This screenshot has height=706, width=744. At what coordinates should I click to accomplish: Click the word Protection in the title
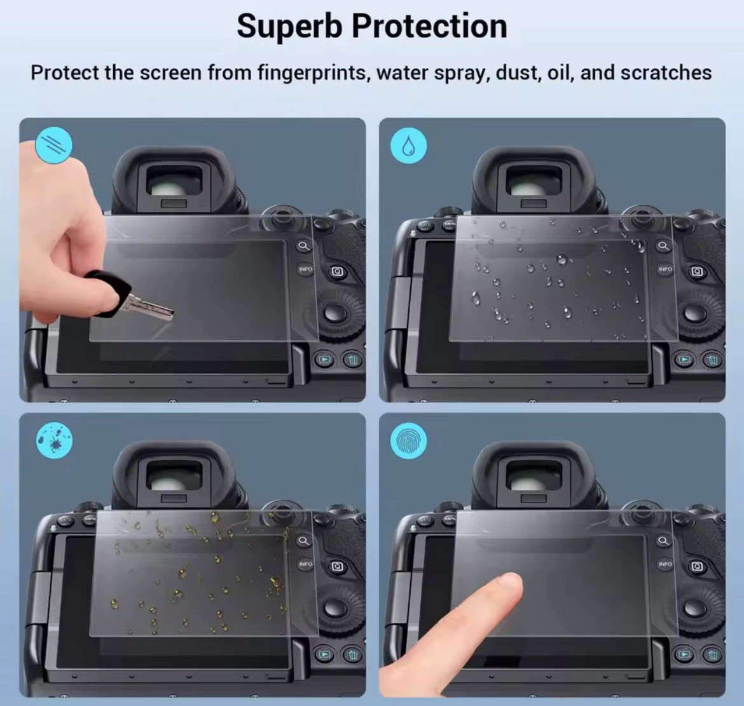429,27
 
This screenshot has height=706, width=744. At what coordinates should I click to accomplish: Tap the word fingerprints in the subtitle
312,73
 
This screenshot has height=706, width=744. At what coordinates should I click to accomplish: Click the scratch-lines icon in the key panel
54,145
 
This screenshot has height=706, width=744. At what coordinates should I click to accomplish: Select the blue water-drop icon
408,146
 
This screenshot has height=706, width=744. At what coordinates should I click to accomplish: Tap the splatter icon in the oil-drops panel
54,440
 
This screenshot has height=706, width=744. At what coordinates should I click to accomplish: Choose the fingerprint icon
408,441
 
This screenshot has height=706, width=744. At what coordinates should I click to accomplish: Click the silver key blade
150,308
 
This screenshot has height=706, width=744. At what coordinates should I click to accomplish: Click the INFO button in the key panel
306,269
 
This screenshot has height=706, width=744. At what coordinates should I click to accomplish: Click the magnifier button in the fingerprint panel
664,541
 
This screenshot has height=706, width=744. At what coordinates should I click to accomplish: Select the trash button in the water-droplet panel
713,360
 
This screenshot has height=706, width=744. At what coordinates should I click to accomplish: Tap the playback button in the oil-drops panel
324,655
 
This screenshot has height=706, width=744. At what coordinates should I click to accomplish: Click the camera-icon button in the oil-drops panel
338,566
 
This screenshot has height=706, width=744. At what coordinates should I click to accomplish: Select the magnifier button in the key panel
304,246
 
